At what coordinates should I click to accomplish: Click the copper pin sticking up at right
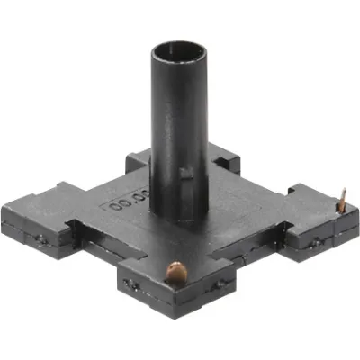(x=341, y=202)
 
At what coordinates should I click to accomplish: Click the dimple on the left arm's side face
(x=41, y=239)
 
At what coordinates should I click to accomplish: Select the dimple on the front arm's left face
(x=133, y=284)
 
